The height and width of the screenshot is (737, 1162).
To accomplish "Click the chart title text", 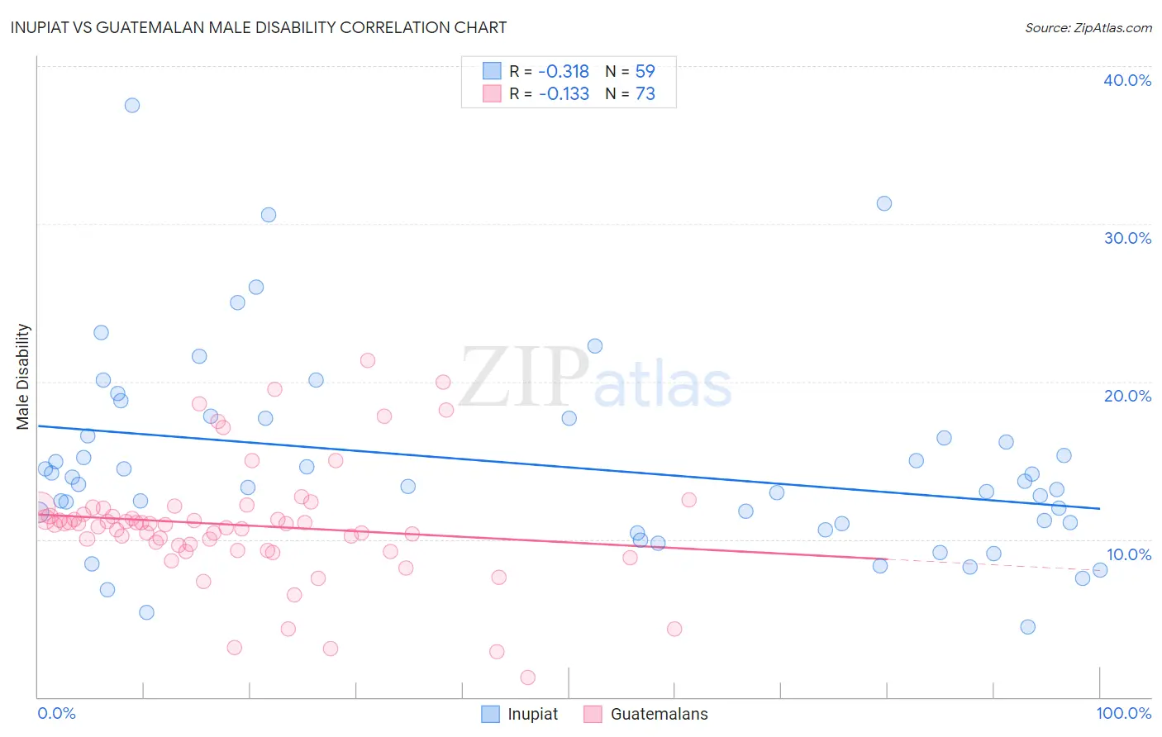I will point(259,27).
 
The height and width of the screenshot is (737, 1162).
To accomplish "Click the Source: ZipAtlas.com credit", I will point(1088,27).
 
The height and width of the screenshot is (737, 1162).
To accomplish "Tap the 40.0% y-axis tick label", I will point(1127,80).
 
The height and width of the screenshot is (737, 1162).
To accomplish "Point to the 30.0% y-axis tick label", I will point(1127,238).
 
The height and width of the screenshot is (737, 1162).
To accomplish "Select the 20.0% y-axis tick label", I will point(1127,396).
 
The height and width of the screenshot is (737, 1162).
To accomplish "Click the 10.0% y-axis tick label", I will point(1129,554).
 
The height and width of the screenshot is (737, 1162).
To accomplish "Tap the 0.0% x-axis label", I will point(56,713).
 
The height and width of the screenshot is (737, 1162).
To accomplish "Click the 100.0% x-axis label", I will point(1124,713).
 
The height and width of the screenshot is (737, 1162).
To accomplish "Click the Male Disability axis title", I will point(23,377).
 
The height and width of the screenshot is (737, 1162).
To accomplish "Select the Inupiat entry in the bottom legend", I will point(532,714).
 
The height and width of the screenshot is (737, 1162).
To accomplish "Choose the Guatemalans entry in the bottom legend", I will point(659,714).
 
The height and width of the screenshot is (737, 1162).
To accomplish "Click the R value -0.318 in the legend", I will point(564,72).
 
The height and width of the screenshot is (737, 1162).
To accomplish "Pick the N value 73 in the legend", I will point(645,94).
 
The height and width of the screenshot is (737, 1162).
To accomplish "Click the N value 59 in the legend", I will point(645,72).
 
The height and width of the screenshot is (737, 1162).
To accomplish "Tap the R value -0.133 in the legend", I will point(564,94).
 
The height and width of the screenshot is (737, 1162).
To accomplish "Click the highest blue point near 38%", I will point(132,105).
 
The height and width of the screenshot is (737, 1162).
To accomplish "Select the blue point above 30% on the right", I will point(884,203).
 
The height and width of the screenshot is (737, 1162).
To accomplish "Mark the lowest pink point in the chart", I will point(528,678).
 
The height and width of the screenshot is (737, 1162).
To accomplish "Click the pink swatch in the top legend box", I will point(492,93).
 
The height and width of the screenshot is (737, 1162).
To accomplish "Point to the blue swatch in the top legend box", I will point(492,71).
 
